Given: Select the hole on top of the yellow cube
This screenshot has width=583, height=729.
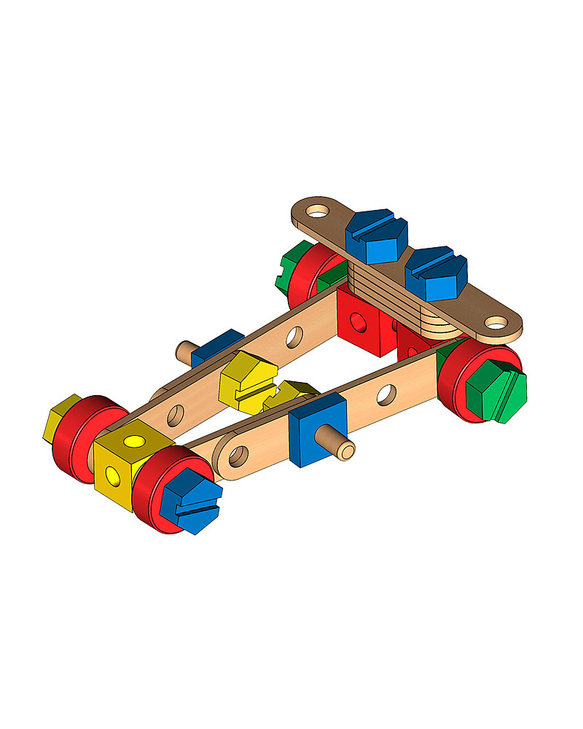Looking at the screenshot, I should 135,442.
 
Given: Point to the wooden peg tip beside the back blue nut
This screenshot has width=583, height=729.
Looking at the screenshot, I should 183,351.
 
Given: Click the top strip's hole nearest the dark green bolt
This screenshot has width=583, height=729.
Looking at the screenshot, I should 317,211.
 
